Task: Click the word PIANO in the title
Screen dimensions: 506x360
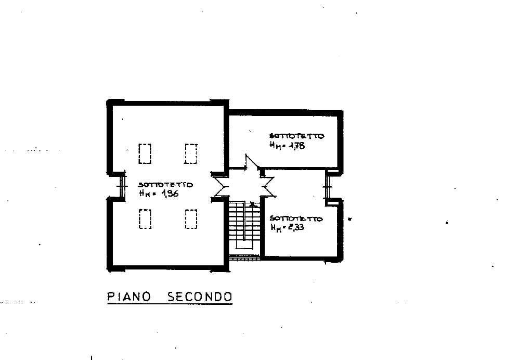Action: click(129, 297)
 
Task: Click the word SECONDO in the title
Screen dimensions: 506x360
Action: click(200, 297)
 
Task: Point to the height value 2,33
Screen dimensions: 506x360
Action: click(296, 227)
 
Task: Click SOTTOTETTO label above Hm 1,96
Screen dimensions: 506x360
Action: click(165, 185)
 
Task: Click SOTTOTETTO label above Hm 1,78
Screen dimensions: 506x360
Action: click(296, 136)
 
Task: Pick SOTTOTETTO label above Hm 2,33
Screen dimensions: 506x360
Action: click(296, 218)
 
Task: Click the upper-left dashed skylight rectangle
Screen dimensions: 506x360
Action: click(145, 153)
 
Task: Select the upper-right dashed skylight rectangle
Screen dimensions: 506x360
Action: click(191, 153)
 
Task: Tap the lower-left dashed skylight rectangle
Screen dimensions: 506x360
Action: click(145, 219)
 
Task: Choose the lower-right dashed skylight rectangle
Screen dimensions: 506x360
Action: click(191, 219)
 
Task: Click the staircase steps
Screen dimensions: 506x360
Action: click(244, 225)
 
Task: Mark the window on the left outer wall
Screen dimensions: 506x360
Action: click(122, 186)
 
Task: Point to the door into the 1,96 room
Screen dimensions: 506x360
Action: click(220, 186)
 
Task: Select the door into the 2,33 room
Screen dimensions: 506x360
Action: click(268, 186)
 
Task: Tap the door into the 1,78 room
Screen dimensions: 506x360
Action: click(252, 162)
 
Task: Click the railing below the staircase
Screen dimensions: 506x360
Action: click(244, 258)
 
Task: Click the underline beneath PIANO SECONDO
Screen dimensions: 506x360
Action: click(170, 303)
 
